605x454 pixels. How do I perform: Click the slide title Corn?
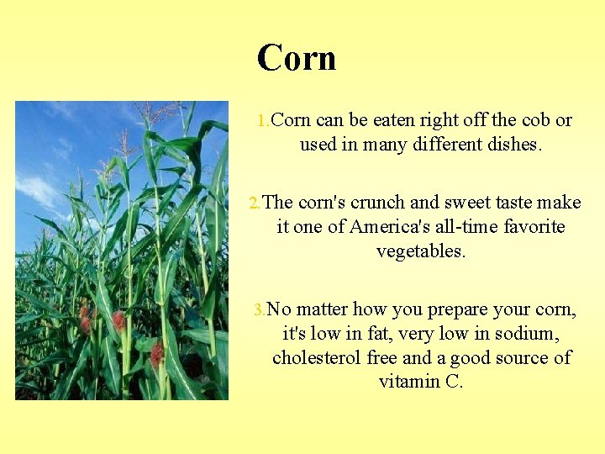[297, 58]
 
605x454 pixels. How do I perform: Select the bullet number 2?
[255, 203]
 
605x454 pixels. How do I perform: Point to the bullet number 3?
[260, 310]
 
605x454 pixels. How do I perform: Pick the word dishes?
[514, 145]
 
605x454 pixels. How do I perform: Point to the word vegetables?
[420, 251]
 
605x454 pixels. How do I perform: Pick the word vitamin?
[408, 382]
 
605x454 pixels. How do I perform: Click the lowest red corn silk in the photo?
[157, 353]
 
